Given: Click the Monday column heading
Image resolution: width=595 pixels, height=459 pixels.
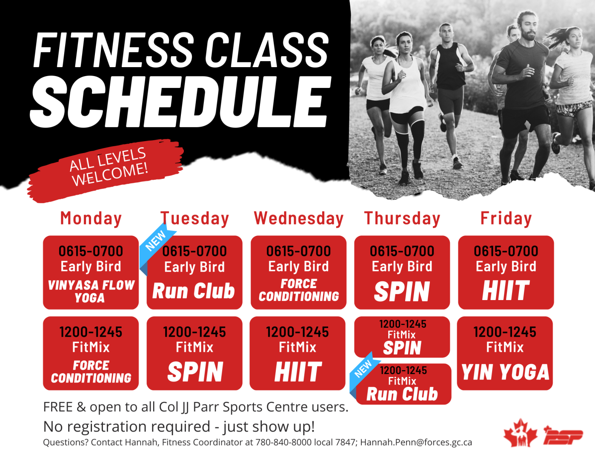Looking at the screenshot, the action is pos(91,219).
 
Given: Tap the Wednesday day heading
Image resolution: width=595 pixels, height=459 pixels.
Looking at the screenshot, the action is pos(298,219).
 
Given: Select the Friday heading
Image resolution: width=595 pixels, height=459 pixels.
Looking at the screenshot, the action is pos(506,218).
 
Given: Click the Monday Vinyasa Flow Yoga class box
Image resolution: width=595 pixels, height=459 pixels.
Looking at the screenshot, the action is pos(91,272).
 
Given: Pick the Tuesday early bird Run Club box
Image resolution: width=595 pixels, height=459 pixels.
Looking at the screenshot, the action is pos(195,272).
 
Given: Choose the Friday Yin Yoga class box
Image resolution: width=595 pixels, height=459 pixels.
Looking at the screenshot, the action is pos(505,353).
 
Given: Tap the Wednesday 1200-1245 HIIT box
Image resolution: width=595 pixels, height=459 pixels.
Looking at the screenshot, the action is pos(297,353).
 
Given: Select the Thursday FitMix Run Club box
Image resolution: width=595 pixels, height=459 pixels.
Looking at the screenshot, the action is pos(403,384).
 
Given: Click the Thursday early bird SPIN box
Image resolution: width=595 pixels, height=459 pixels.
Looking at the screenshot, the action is pos(402,272).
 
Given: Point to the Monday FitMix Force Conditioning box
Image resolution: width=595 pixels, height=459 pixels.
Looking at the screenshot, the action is pos(91,353).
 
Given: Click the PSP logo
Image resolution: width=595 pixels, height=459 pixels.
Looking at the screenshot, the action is pos(563,436).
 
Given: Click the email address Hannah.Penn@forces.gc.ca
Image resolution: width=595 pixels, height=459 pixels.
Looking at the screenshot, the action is pos(416,442).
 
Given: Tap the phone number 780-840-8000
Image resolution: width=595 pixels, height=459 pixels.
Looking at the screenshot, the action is pos(283,442).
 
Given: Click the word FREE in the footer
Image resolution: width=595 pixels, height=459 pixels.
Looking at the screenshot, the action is pos(58,407).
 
